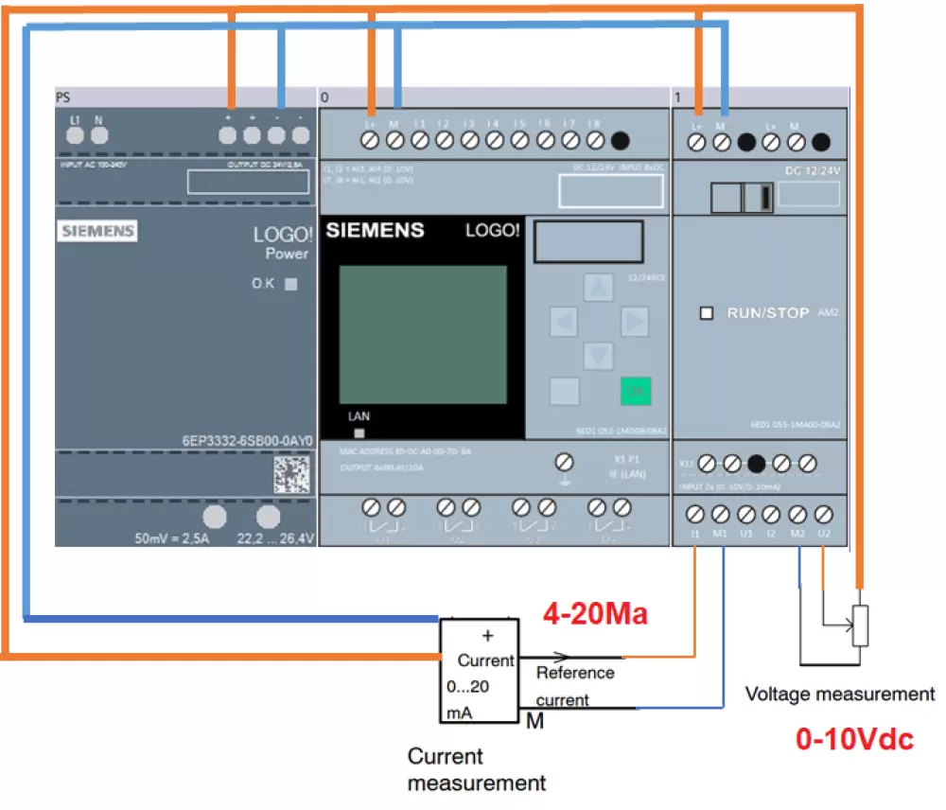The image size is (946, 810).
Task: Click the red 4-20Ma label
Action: coord(594,614)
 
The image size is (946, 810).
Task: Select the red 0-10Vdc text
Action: coord(854,739)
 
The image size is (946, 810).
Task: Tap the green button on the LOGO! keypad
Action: coord(635,390)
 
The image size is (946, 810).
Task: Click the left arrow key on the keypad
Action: coord(564,323)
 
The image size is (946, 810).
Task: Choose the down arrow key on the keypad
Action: coord(598,356)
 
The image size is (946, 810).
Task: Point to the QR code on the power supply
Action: coord(291,474)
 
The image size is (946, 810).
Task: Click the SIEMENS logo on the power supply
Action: coord(97,230)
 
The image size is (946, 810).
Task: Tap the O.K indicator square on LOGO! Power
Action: coord(291,283)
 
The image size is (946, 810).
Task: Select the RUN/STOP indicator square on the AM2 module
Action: coord(706,313)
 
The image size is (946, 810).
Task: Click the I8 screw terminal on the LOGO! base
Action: coord(595,141)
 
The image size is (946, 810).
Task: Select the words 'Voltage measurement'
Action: coord(839,694)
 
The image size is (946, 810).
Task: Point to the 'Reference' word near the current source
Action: coord(575,673)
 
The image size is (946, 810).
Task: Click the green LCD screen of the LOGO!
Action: coord(423,333)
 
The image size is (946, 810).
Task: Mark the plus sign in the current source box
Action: coord(488,635)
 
